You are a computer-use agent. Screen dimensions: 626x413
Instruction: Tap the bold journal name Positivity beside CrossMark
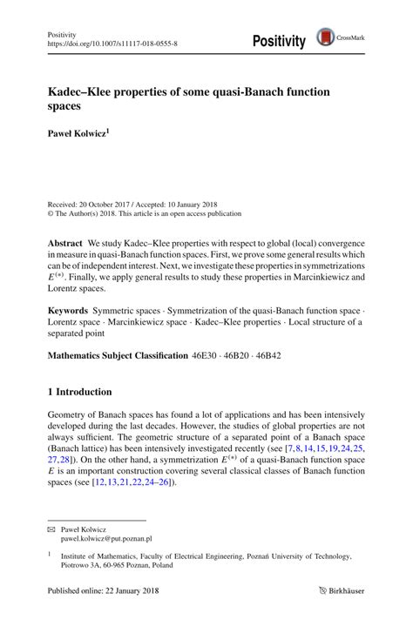tap(279, 40)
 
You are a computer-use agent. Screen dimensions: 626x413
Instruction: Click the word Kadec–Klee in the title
tap(85, 90)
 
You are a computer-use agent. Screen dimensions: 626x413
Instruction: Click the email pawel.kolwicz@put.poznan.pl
tap(116, 540)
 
